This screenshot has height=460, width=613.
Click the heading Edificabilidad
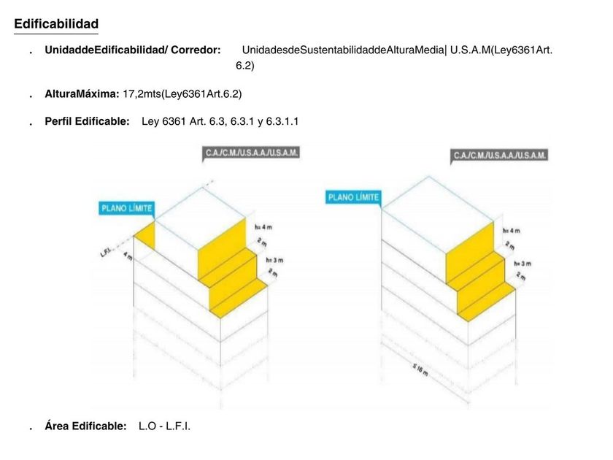coord(56,24)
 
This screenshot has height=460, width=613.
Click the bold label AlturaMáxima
coord(82,94)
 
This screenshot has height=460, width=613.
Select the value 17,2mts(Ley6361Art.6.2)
coord(182,94)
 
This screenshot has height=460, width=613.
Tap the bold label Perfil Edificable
coord(88,122)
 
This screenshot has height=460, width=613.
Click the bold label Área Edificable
coord(85,426)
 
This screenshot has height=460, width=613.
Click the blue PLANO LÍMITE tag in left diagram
coord(127,208)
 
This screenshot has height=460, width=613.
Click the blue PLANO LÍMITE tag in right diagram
coord(354,197)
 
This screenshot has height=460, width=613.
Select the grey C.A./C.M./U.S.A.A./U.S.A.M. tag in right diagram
coord(500,156)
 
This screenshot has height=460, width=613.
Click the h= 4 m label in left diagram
coord(263,227)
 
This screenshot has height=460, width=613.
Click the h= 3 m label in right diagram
coord(521,263)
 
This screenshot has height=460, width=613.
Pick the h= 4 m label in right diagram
coord(511,230)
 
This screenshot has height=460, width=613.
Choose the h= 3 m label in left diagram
coord(274,260)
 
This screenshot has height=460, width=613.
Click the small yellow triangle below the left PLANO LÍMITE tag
coord(147,234)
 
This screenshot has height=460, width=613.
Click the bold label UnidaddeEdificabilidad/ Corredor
coord(132,50)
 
